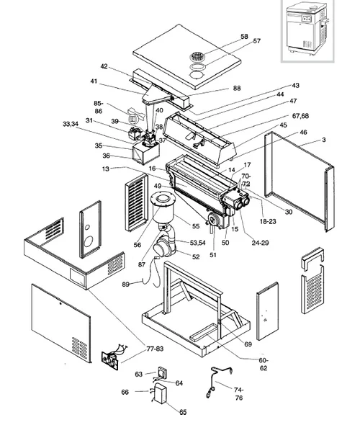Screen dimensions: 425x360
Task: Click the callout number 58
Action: pyautogui.click(x=224, y=36)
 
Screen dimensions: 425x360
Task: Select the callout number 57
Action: pyautogui.click(x=236, y=42)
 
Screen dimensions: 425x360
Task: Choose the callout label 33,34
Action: pyautogui.click(x=70, y=124)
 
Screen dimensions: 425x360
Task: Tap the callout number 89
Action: pyautogui.click(x=125, y=285)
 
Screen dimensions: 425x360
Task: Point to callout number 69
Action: pyautogui.click(x=248, y=346)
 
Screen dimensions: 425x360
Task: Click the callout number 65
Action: pyautogui.click(x=182, y=412)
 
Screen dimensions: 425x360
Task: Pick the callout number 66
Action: pyautogui.click(x=125, y=392)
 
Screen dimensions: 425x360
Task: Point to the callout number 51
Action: pyautogui.click(x=212, y=254)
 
